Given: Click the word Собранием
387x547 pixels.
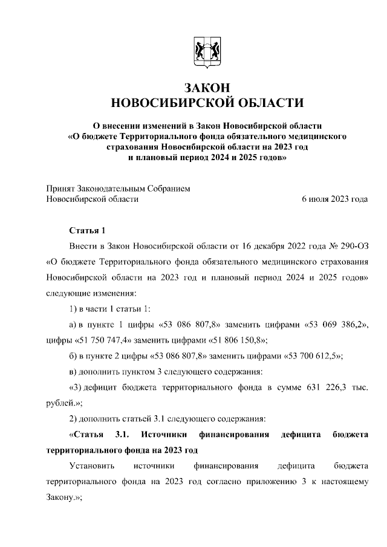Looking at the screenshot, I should coord(169,189).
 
